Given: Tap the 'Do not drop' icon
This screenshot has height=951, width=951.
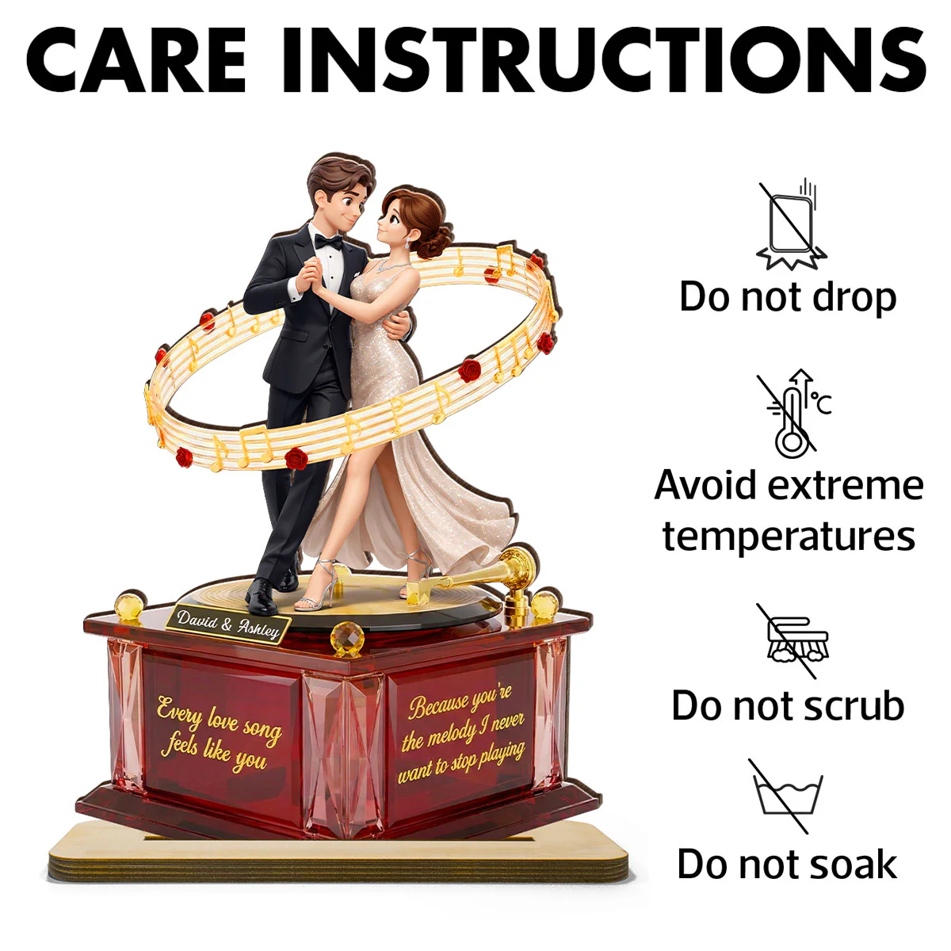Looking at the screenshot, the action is pos(791,225).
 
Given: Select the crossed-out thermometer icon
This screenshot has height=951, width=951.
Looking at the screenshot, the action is pos(794,414).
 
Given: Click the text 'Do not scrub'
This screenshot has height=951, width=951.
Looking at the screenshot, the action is pos(788,707).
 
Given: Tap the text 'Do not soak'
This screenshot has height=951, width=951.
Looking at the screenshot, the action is pos(787,865).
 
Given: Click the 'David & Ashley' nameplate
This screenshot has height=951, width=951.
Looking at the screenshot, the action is pos(228,624).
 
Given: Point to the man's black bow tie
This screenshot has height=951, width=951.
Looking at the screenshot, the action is pos(329,242).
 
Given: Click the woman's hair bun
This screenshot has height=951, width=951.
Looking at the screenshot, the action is pos(436,240).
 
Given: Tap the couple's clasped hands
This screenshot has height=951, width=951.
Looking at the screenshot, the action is pos(309,275).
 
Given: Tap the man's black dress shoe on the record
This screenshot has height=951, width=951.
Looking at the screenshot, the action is pos(261,597).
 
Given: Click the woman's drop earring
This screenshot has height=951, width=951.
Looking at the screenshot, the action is pos(407,243).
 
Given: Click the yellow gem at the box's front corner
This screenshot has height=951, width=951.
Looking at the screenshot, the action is pos(347,639).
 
